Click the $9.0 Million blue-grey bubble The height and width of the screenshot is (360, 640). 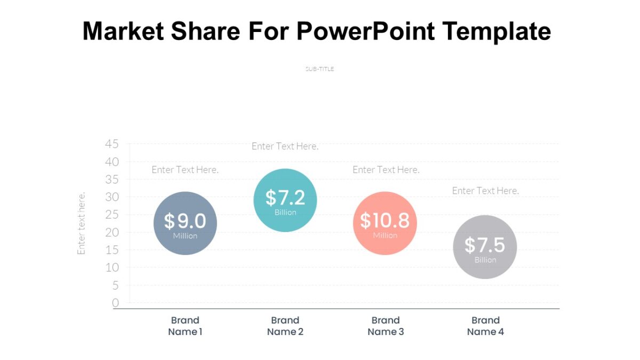click(x=185, y=223)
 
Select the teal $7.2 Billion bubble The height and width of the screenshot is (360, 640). click(x=285, y=200)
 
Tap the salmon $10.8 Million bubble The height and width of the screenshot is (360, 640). click(x=385, y=223)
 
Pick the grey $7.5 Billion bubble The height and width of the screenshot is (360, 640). click(x=485, y=247)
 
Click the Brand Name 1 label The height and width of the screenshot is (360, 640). click(x=185, y=326)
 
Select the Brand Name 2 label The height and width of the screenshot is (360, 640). click(x=285, y=326)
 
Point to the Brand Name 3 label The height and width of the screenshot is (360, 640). click(x=386, y=326)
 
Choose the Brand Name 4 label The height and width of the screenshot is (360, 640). click(x=485, y=326)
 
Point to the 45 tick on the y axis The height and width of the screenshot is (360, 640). click(x=112, y=144)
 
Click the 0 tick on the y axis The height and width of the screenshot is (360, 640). click(x=115, y=303)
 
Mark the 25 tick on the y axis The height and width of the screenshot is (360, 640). click(x=112, y=214)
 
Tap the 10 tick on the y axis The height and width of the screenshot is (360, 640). click(x=112, y=268)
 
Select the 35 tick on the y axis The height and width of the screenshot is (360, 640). click(x=112, y=179)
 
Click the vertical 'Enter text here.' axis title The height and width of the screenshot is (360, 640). click(x=82, y=223)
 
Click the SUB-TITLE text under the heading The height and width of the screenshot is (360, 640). click(x=319, y=69)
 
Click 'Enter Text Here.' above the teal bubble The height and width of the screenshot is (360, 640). click(x=285, y=146)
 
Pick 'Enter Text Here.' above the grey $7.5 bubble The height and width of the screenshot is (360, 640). click(x=485, y=190)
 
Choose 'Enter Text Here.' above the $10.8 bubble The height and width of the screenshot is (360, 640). click(x=386, y=170)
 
